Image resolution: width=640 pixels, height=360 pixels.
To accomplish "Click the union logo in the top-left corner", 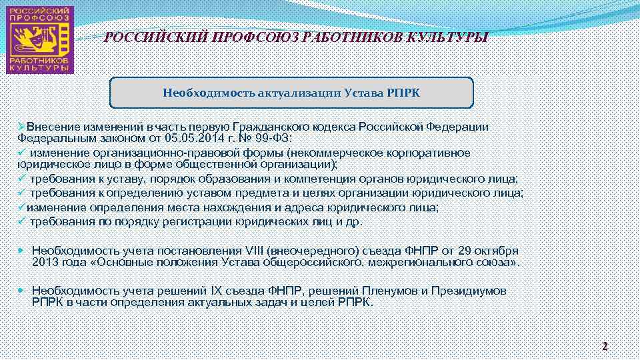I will point(39,39).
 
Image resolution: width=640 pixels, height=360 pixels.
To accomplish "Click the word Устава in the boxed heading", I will point(363,93).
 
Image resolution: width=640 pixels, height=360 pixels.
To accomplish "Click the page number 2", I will point(605,346).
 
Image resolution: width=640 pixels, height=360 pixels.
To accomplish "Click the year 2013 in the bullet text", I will point(45,263).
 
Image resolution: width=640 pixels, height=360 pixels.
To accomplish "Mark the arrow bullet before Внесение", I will point(21,127).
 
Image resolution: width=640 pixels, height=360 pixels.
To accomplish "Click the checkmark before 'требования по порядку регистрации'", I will point(21,221).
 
